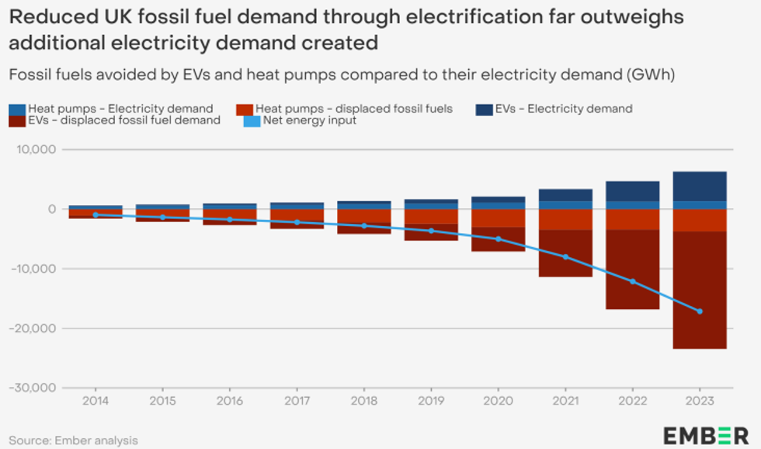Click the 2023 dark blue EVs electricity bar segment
(700, 186)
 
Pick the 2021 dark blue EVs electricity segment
(565, 195)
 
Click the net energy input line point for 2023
(700, 311)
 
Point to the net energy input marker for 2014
(95, 214)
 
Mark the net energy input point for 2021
(565, 256)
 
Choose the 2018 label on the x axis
(364, 401)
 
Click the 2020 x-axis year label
(499, 401)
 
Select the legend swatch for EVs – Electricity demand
(485, 109)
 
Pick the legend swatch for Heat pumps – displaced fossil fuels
(245, 109)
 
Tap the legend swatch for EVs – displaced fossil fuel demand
(17, 120)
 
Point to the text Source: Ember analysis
(73, 440)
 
